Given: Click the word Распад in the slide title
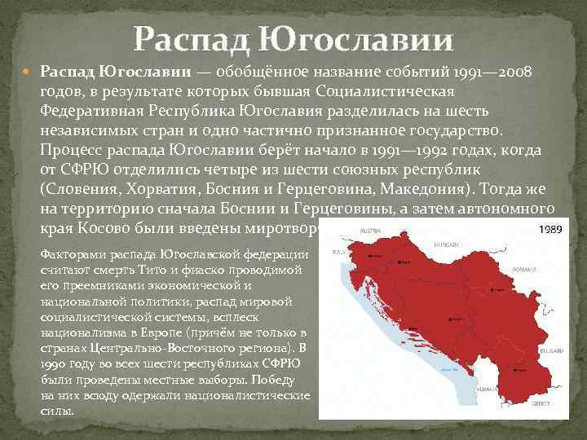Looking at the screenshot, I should click(190, 37).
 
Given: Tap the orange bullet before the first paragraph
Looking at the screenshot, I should click(29, 73).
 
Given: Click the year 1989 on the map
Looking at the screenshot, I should click(550, 230).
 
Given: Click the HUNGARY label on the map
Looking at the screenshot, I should click(447, 244).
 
